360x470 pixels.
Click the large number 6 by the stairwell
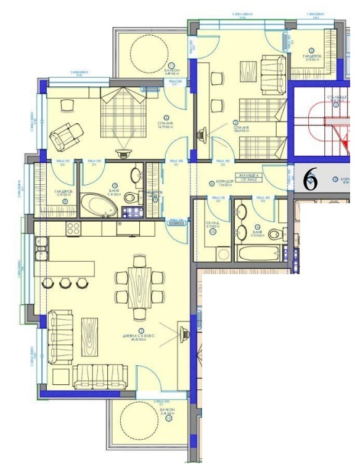coord(311,179)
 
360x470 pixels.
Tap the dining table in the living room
coord(139,284)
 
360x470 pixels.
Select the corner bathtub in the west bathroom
coord(100,205)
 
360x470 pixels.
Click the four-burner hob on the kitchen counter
coord(73,229)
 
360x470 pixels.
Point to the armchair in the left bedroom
coord(65,134)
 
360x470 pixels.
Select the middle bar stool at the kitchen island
coord(65,283)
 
